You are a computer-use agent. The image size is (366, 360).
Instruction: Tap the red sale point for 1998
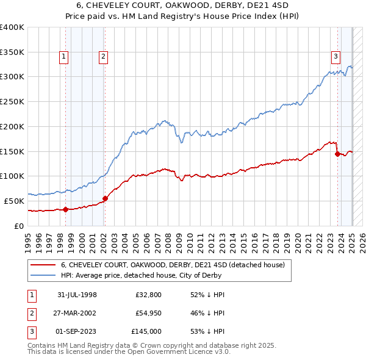[x=66, y=209]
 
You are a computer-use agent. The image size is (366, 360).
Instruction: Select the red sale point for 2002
[x=105, y=198]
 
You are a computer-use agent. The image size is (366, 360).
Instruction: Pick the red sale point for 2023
[x=337, y=154]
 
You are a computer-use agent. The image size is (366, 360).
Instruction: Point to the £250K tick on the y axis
[x=12, y=101]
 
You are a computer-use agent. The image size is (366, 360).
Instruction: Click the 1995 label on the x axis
[x=28, y=239]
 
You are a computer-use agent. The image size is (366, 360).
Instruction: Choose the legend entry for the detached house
[x=173, y=265]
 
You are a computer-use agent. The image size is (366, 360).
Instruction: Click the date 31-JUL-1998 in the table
[x=77, y=295]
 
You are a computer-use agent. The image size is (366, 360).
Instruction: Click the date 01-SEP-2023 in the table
[x=77, y=331]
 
